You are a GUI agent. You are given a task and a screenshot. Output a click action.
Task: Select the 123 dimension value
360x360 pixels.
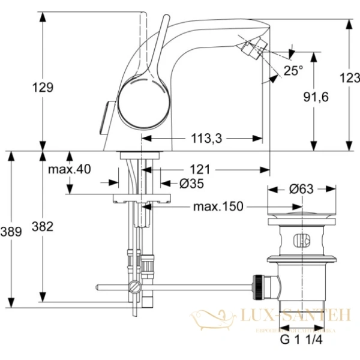[349, 77]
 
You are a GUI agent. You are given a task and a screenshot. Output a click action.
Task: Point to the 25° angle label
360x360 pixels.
[293, 71]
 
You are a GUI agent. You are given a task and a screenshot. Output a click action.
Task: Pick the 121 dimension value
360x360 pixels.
[201, 169]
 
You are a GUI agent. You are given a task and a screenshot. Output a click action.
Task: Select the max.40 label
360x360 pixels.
[70, 169]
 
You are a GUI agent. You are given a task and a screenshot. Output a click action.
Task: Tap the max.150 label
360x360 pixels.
[218, 207]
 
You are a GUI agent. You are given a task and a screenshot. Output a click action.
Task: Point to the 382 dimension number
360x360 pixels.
[43, 226]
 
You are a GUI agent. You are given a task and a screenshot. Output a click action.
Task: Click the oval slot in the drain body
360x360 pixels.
[301, 242]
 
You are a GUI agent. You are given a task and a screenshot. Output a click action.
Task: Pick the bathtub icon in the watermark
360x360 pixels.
[212, 318]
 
